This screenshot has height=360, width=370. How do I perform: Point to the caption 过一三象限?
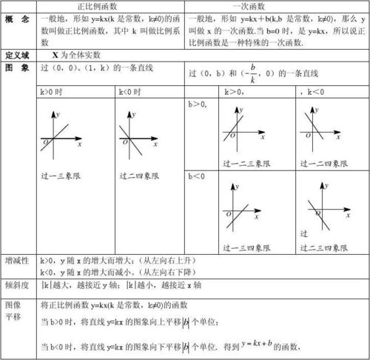click(63, 176)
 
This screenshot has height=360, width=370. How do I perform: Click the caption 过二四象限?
click(141, 176)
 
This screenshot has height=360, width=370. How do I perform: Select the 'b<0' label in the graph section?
click(197, 177)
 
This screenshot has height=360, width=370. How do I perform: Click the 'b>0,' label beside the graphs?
click(198, 105)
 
